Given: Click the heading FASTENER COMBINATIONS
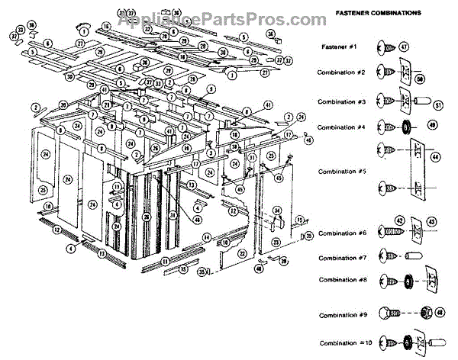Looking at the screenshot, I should [368, 14].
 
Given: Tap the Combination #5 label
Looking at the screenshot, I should [342, 172].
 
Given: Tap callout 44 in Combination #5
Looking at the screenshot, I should [436, 156].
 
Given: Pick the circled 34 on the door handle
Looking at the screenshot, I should [277, 210].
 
